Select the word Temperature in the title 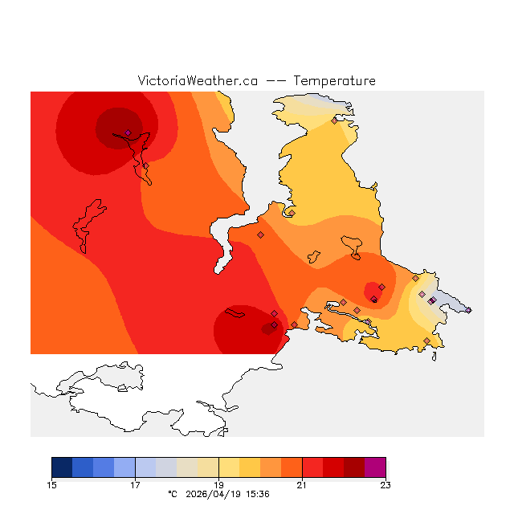click(334, 81)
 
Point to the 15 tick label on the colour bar click(51, 484)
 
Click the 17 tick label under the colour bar click(135, 484)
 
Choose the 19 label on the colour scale click(218, 484)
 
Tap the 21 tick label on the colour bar click(302, 484)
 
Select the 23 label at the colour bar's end click(385, 484)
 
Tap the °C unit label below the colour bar click(172, 494)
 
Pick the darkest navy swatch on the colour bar click(62, 467)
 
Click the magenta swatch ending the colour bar click(375, 467)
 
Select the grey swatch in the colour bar click(166, 467)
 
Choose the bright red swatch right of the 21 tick click(312, 467)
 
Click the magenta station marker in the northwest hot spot click(128, 133)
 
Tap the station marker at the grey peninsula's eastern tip click(468, 310)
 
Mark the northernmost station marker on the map click(334, 121)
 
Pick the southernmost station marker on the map click(426, 341)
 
